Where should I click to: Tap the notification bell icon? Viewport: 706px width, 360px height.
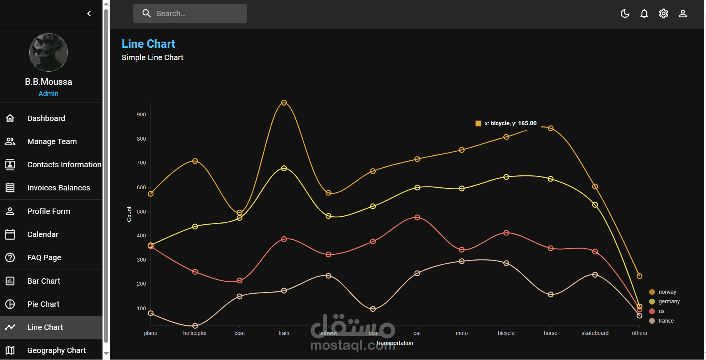644,14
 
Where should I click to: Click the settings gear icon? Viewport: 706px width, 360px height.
663,14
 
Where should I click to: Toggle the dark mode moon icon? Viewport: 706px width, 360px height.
625,14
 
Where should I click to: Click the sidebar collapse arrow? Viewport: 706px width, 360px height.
89,14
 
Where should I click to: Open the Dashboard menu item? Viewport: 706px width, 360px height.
46,118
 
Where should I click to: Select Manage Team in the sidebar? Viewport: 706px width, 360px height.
52,141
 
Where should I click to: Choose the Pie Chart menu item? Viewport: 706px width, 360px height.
43,304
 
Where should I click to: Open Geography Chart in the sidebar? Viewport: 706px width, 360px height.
56,350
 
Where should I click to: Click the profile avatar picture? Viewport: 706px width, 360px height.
49,52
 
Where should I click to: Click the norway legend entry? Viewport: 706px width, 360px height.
667,292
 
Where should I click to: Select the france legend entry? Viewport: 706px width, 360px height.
666,321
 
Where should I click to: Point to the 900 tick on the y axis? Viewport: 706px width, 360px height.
141,114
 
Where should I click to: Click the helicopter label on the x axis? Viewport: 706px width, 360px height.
195,333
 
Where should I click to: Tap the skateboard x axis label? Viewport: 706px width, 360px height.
595,333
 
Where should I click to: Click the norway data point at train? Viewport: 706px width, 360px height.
284,103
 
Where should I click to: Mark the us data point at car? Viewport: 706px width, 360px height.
417,217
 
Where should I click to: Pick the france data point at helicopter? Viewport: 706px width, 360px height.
195,326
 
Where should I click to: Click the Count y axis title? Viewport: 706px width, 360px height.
129,214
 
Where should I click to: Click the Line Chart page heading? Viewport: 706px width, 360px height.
148,44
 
